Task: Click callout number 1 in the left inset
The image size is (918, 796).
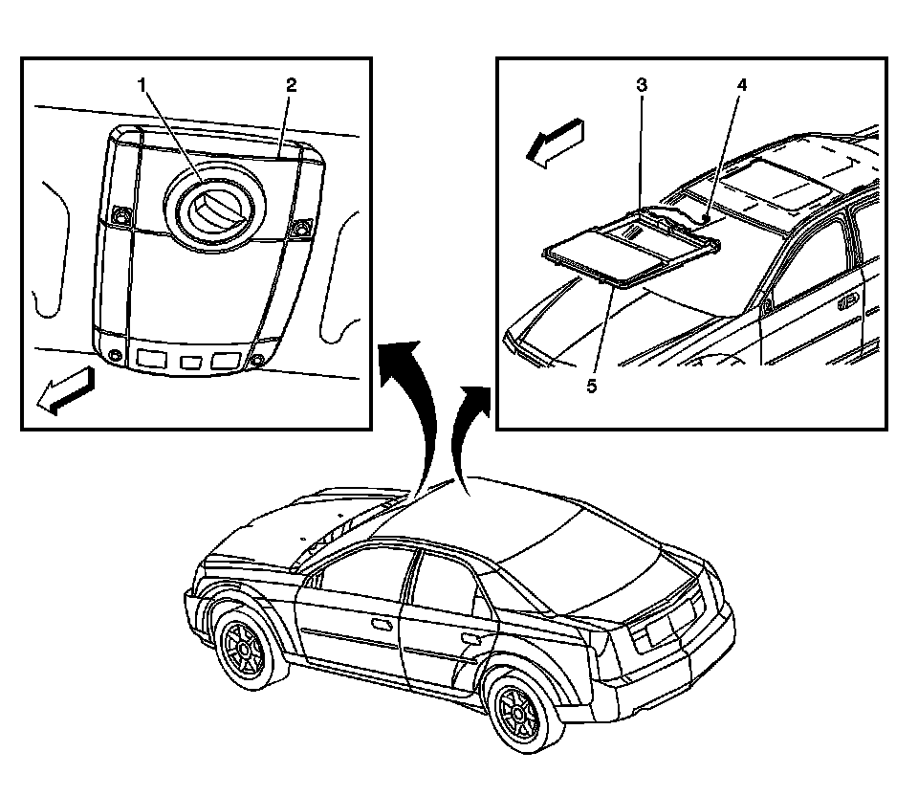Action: (143, 85)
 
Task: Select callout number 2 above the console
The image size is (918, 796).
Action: (291, 85)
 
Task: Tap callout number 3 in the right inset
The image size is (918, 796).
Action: (643, 85)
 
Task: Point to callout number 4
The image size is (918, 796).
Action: (741, 85)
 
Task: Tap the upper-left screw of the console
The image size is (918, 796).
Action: (120, 216)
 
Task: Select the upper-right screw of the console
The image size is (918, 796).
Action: (302, 227)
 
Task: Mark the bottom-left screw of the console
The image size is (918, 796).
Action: (116, 356)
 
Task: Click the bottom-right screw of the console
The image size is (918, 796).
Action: (258, 362)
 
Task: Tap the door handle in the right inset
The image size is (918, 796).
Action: (847, 303)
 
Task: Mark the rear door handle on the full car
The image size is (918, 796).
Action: (470, 637)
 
